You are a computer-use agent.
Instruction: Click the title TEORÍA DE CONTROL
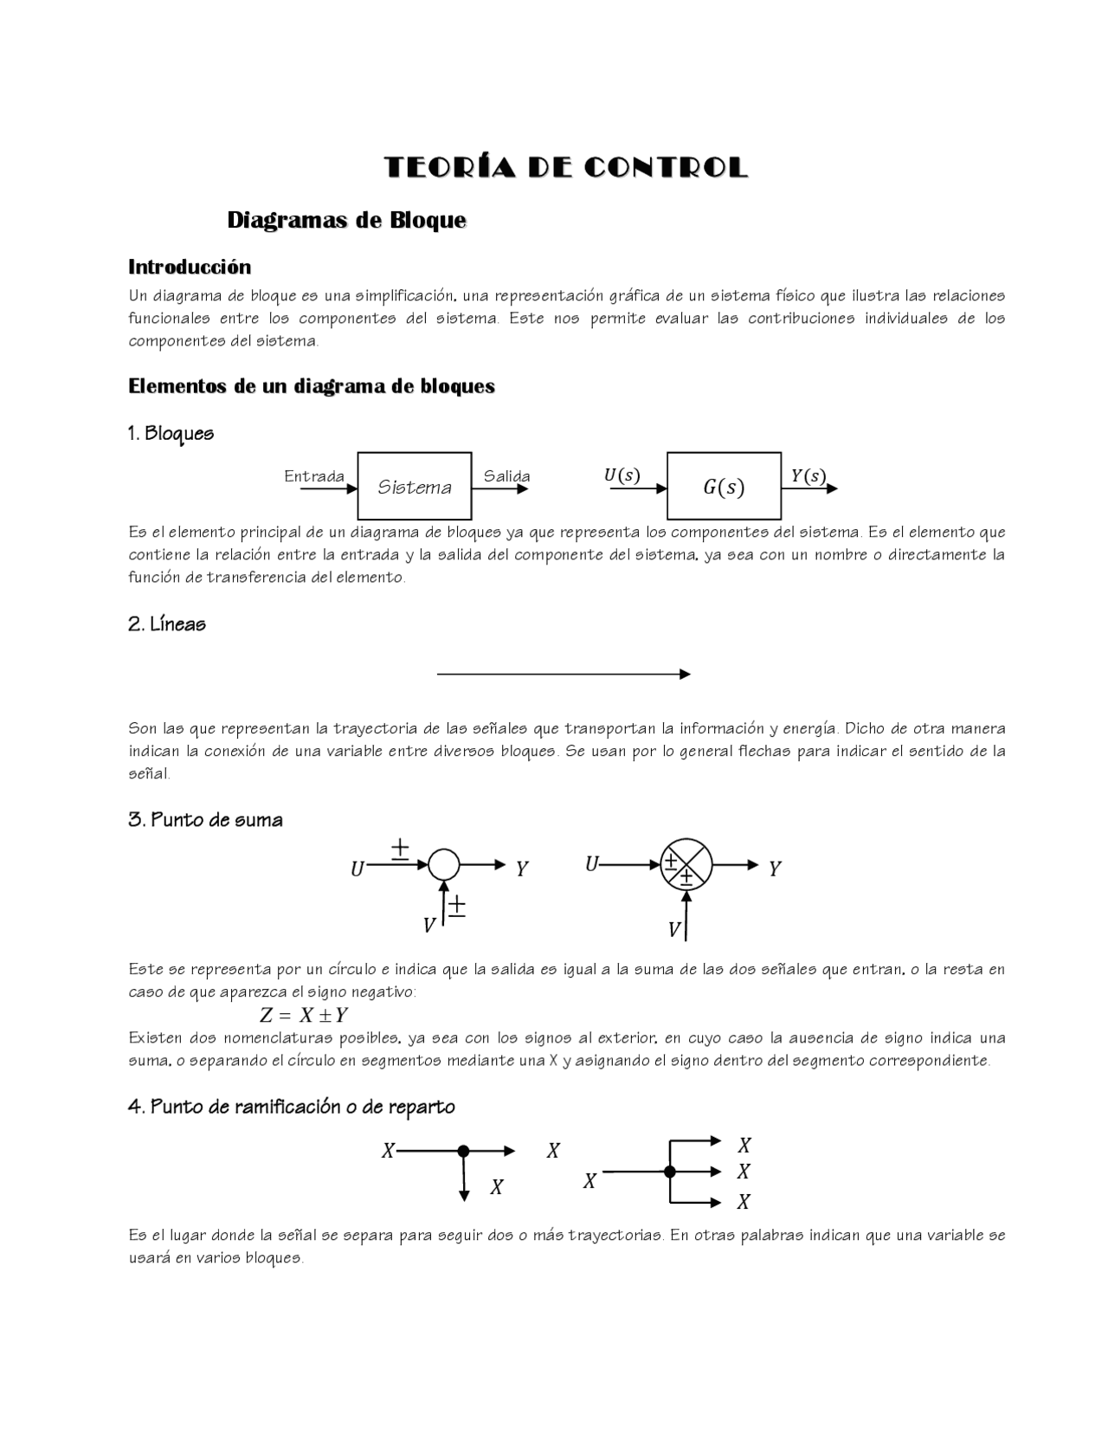(x=565, y=168)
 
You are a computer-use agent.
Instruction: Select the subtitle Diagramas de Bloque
(x=346, y=221)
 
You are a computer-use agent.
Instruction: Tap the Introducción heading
(x=190, y=267)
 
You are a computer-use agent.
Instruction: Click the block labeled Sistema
(x=415, y=487)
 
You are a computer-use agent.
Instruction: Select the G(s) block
(x=724, y=487)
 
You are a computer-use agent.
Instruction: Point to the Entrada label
(x=314, y=476)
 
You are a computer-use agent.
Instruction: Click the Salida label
(x=506, y=476)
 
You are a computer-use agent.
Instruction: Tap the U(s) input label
(x=622, y=475)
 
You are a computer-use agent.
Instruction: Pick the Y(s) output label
(x=808, y=476)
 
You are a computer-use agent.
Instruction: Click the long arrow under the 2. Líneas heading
(x=563, y=674)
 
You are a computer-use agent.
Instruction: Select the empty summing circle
(x=444, y=864)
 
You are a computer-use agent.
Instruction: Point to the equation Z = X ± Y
(x=304, y=1015)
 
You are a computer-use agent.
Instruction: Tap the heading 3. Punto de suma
(x=205, y=820)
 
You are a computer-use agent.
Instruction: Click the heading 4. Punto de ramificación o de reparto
(x=291, y=1107)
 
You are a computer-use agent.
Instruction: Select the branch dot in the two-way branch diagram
(x=463, y=1151)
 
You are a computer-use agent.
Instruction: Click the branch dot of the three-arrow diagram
(x=669, y=1172)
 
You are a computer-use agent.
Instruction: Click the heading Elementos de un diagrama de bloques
(x=312, y=386)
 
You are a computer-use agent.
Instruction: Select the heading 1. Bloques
(x=171, y=433)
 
